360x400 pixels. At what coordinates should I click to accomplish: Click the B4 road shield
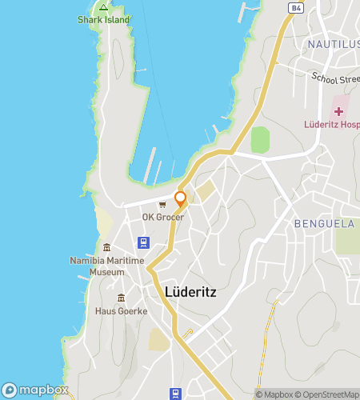(x=294, y=7)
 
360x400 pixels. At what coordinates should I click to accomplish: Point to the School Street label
(x=334, y=81)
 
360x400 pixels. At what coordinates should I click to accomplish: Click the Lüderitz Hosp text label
(x=330, y=125)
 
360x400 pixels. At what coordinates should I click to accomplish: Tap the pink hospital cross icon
(x=338, y=110)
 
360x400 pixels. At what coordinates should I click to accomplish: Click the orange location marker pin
(x=180, y=198)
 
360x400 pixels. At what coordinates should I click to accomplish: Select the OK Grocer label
(x=163, y=218)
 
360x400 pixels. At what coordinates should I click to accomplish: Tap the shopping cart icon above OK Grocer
(x=162, y=205)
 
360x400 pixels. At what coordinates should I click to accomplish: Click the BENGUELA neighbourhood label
(x=324, y=224)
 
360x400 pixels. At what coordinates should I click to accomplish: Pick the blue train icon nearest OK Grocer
(x=143, y=242)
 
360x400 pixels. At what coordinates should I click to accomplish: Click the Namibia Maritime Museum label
(x=107, y=266)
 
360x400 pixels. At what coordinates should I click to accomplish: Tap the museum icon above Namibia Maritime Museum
(x=107, y=247)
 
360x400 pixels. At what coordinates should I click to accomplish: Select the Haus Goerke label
(x=121, y=311)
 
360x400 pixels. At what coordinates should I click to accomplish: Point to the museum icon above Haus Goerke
(x=121, y=298)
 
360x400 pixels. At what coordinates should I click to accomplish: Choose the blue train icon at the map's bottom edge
(x=174, y=393)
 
